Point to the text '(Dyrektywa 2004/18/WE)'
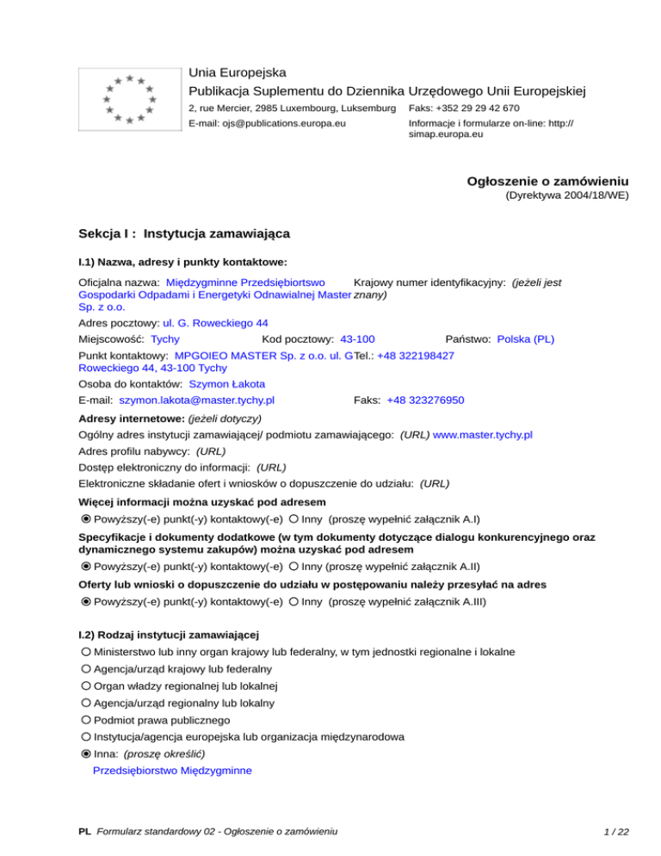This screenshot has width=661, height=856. point(566,196)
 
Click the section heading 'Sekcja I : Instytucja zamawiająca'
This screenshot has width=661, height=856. point(184,233)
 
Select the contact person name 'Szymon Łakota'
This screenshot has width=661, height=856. point(226,383)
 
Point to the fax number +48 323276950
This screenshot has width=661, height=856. point(425,400)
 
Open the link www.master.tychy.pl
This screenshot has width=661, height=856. point(483,435)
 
